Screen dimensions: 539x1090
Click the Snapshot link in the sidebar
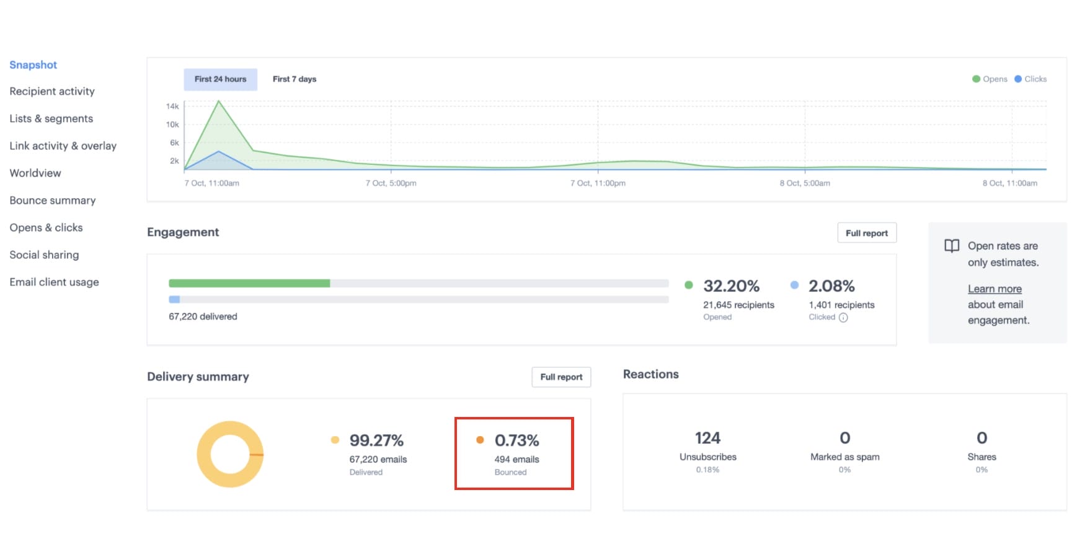click(33, 65)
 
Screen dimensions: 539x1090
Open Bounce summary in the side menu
click(53, 200)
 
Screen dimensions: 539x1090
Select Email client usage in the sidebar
click(54, 282)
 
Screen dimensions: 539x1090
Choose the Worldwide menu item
click(35, 173)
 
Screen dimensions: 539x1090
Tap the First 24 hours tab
click(220, 79)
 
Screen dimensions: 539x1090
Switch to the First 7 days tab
click(295, 79)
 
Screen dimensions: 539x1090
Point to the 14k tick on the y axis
click(172, 107)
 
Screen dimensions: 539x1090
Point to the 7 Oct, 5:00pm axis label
click(391, 183)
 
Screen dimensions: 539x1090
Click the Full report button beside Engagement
click(866, 233)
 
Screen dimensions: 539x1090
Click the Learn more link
click(995, 289)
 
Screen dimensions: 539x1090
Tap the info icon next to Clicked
click(843, 318)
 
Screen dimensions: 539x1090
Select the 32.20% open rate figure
click(731, 286)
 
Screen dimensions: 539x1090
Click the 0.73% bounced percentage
click(516, 440)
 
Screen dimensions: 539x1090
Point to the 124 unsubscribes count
click(707, 438)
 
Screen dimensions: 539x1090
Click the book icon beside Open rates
click(952, 246)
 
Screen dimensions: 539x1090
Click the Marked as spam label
click(844, 457)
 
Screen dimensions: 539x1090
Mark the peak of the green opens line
click(219, 100)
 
